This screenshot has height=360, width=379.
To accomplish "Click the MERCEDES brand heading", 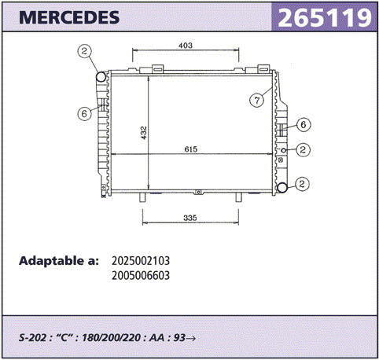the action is pos(69,17).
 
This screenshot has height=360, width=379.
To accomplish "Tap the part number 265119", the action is pos(325,17).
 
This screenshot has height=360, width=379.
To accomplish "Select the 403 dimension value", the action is pos(186,46).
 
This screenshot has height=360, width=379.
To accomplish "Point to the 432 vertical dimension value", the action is pos(144,133).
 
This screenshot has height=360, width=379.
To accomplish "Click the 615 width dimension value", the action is pos(190,149).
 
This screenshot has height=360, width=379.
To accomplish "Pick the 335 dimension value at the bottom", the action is pos(190,218).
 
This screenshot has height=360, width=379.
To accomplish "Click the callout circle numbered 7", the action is pos(256,100).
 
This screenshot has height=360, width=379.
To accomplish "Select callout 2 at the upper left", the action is pos(84,51).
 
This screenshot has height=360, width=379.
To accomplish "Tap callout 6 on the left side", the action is pos(84,113).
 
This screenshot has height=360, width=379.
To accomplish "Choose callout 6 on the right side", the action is pos(304,124).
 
